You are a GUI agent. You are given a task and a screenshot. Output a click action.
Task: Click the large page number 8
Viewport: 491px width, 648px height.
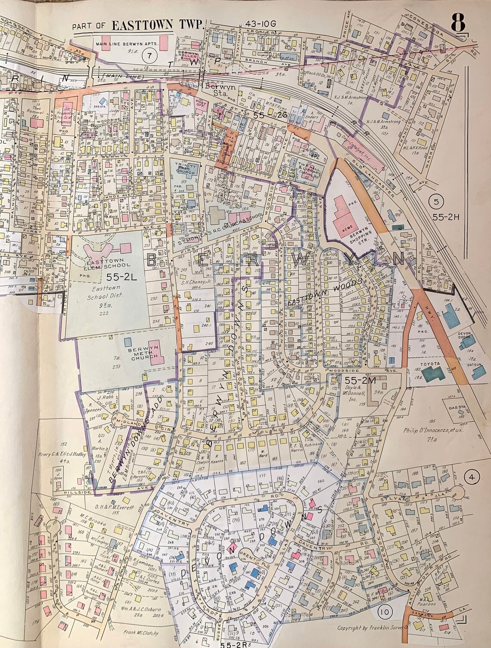tap(458, 23)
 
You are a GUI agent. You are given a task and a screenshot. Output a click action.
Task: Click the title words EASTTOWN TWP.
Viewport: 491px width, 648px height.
tap(157, 25)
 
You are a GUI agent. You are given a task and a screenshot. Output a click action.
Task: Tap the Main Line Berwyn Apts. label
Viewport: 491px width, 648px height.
tap(127, 44)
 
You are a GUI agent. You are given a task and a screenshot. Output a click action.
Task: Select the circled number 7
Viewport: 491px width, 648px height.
tap(149, 55)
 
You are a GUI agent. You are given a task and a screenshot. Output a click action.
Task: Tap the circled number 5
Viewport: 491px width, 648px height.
tap(436, 200)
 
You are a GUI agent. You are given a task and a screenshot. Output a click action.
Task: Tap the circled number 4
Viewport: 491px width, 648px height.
tap(472, 477)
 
